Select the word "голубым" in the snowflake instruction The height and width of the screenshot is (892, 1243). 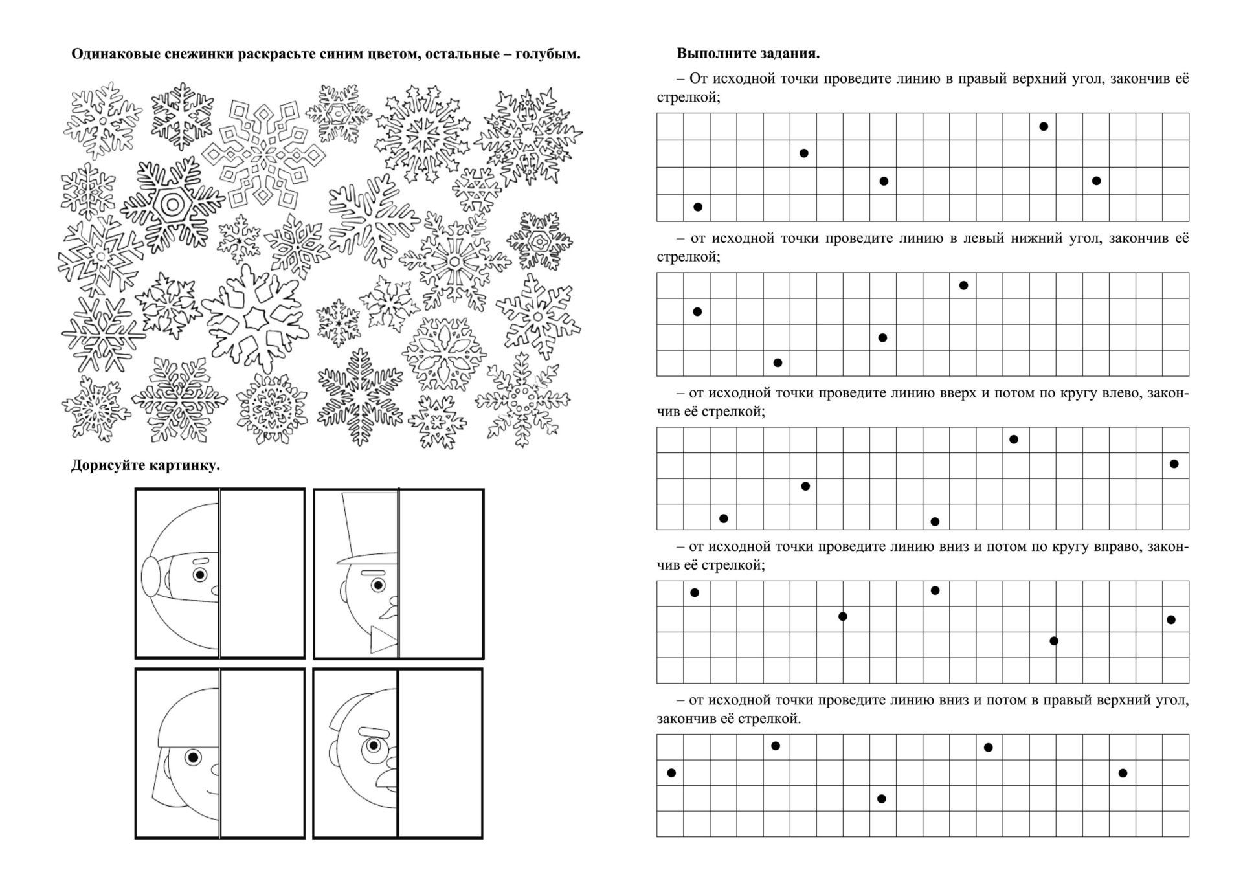click(x=551, y=54)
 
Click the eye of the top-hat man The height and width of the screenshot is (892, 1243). click(x=377, y=586)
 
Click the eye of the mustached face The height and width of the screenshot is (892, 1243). click(x=373, y=745)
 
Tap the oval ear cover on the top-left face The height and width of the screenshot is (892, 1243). click(x=150, y=577)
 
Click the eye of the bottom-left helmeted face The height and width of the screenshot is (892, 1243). click(x=192, y=757)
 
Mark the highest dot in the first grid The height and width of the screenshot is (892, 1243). click(x=1044, y=126)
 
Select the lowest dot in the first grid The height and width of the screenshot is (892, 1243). click(x=698, y=207)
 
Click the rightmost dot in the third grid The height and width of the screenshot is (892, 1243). click(x=1174, y=463)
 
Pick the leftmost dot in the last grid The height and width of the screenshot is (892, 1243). click(x=671, y=773)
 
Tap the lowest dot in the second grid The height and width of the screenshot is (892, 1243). click(x=778, y=362)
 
